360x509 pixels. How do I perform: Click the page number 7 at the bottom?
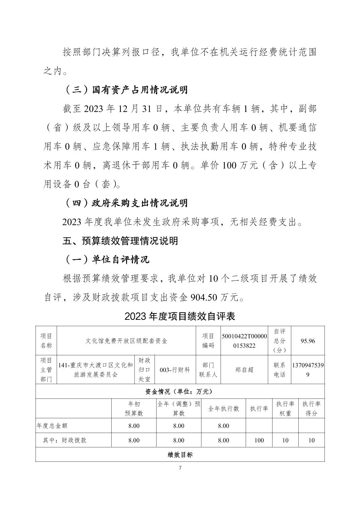click(180, 468)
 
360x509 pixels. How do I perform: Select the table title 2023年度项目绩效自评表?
click(180, 316)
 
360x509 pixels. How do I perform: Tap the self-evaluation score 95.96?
click(308, 341)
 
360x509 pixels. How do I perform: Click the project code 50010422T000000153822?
click(244, 341)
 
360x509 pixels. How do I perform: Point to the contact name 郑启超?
click(244, 370)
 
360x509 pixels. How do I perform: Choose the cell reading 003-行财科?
click(175, 370)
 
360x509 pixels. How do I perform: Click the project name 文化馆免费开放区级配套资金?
click(126, 341)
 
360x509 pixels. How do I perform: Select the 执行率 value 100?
click(259, 440)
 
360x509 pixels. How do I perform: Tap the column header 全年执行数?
click(224, 409)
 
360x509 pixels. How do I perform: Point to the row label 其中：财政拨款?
click(65, 440)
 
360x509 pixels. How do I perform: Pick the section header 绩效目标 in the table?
click(180, 455)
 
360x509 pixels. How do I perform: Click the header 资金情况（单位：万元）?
click(180, 391)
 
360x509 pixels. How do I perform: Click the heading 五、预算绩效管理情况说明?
click(120, 241)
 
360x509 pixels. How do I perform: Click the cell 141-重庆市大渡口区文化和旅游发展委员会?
click(96, 370)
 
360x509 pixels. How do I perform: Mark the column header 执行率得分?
click(311, 409)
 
